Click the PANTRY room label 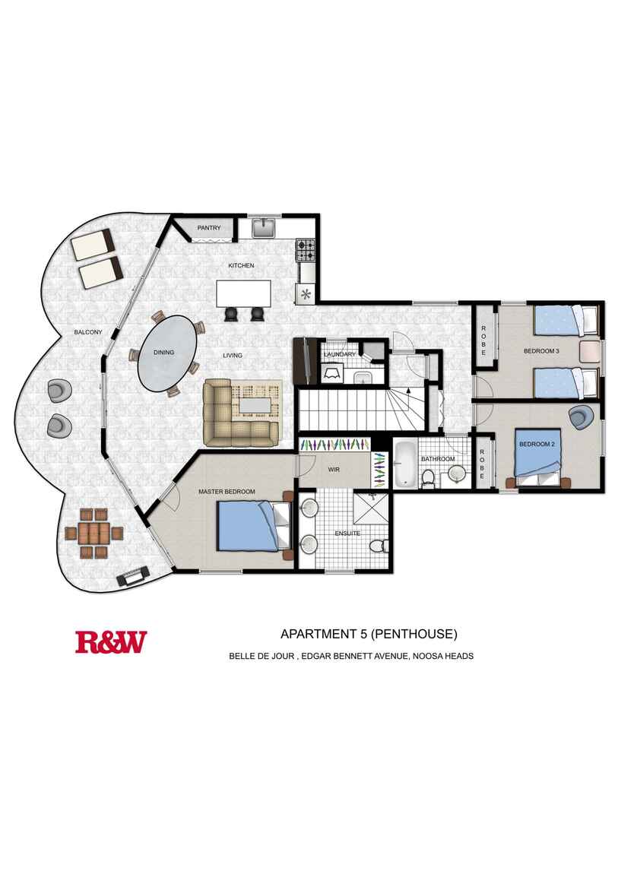[209, 228]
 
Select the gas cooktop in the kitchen [306, 250]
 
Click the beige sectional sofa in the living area [241, 413]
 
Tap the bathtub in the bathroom [404, 463]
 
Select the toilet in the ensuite [379, 544]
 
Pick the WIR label [334, 470]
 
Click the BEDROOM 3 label [541, 351]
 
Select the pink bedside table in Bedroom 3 [589, 353]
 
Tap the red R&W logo [112, 642]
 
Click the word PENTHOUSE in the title [414, 634]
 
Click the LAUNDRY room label [340, 354]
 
